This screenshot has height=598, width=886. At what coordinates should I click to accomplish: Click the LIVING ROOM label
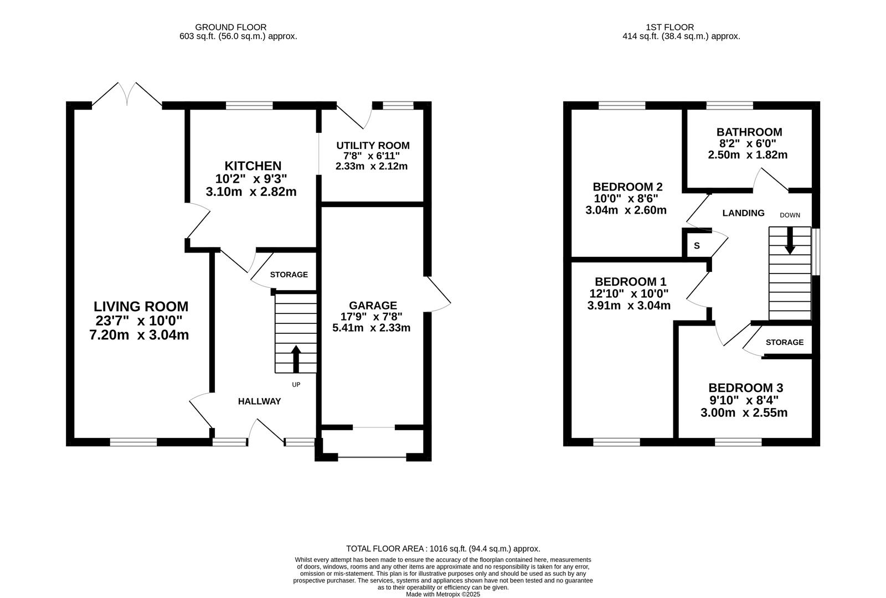[141, 307]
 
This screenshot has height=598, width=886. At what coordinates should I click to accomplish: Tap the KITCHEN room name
[253, 166]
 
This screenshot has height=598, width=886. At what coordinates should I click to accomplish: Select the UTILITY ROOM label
[373, 146]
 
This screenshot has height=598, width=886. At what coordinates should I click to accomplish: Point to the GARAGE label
[373, 305]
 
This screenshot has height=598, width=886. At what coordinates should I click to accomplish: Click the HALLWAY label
[260, 401]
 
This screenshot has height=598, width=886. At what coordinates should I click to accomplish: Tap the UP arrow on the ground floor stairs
[296, 359]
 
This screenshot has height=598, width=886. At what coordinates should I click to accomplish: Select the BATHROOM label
[749, 132]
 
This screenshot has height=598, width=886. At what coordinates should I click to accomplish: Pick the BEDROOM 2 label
[628, 187]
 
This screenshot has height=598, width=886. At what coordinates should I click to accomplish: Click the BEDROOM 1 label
[631, 282]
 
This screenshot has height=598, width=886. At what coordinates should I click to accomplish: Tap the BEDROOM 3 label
[745, 388]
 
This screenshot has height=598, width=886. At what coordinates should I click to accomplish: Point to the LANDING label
[744, 213]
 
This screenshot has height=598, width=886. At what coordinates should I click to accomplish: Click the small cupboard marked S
[697, 246]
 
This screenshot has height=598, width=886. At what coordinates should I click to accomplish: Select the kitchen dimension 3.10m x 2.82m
[251, 192]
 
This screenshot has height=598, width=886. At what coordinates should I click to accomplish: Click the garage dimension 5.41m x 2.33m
[372, 328]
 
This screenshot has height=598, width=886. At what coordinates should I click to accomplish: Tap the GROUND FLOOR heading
[231, 27]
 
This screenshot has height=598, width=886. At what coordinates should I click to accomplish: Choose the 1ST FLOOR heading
[670, 27]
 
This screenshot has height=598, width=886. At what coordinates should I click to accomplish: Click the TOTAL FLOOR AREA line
[443, 549]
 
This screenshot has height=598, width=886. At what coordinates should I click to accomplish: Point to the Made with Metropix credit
[443, 595]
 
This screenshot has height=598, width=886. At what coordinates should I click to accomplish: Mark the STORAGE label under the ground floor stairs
[289, 275]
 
